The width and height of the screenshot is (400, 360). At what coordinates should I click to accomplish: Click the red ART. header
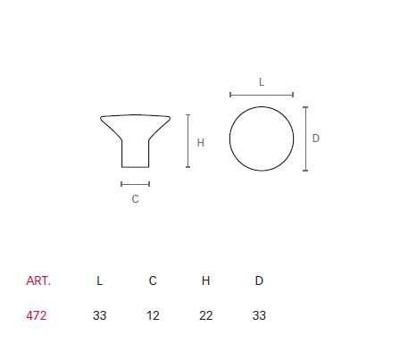[38, 280]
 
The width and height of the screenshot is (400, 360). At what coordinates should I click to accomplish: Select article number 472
[37, 315]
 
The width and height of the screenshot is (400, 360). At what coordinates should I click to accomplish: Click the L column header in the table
[100, 280]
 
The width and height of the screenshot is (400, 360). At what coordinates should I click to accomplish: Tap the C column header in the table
[153, 280]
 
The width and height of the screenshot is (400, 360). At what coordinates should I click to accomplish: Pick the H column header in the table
[205, 280]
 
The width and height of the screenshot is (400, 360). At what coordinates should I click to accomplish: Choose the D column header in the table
[259, 280]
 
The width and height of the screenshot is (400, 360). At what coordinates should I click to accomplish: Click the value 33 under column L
[100, 315]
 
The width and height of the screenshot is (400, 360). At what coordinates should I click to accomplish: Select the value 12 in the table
[153, 315]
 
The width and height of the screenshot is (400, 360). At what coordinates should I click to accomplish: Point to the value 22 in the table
[206, 315]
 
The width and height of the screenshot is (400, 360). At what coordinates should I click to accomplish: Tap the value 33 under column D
[259, 315]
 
